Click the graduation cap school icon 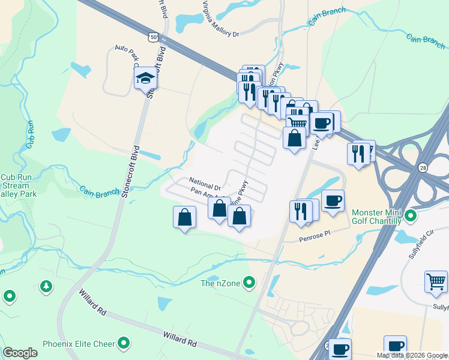point(145,79)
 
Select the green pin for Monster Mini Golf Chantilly point(411,215)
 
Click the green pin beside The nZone point(251,281)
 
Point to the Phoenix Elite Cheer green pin point(124,343)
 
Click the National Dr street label point(205,180)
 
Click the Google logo point(20,353)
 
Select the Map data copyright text point(412,355)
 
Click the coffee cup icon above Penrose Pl point(333,200)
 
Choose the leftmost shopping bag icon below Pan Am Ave point(185,217)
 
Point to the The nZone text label point(222,283)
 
